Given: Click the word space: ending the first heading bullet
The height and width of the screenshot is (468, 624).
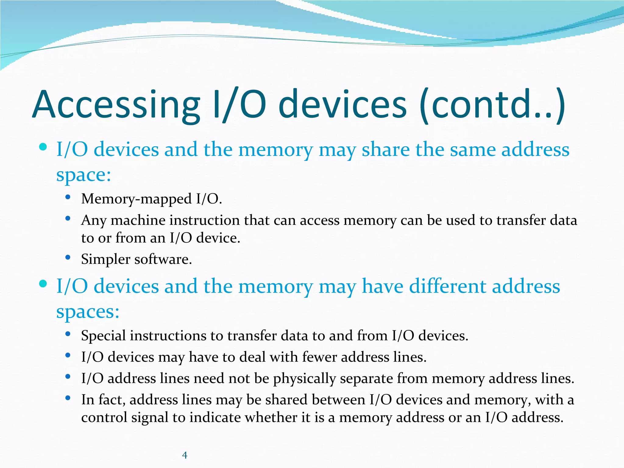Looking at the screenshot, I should [x=84, y=175].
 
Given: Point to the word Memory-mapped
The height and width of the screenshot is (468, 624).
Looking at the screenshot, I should [x=136, y=199].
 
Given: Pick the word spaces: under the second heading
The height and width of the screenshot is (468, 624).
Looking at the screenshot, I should [x=88, y=312].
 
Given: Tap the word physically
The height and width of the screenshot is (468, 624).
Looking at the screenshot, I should [x=304, y=379].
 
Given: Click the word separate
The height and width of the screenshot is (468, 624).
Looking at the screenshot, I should [x=366, y=379].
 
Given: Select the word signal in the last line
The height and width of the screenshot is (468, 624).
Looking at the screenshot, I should [x=150, y=417].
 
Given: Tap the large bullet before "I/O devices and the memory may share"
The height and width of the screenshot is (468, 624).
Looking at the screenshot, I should [x=43, y=147].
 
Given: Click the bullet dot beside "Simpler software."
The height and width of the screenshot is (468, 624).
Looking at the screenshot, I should [x=68, y=258].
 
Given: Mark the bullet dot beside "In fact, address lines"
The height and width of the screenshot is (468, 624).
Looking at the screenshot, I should [x=68, y=398].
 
